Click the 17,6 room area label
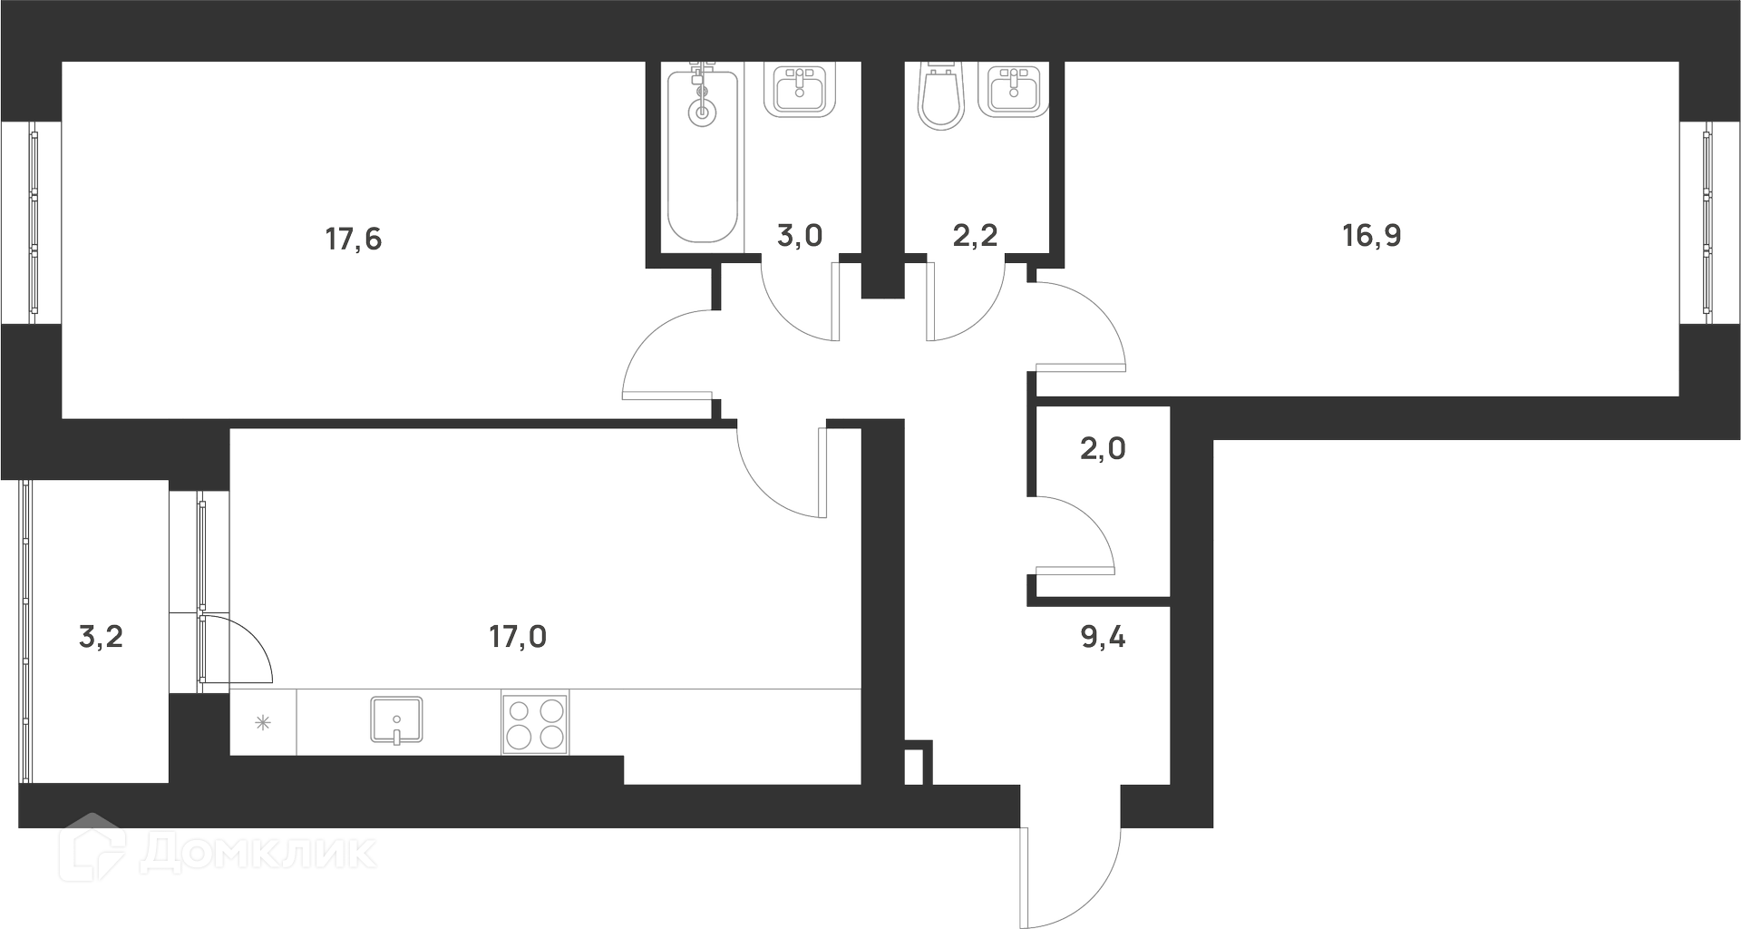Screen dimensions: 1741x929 [x=354, y=240]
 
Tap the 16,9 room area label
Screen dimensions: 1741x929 [x=1372, y=236]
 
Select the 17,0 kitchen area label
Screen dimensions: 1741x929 [x=518, y=637]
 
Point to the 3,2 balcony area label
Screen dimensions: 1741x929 [x=101, y=637]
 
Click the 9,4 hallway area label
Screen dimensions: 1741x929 [x=1103, y=637]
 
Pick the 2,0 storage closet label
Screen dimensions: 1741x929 [x=1103, y=448]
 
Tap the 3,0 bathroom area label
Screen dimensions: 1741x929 [x=800, y=236]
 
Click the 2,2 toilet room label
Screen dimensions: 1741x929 [x=976, y=236]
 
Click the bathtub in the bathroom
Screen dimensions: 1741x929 [x=703, y=154]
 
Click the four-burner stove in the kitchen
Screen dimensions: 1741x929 [x=535, y=723]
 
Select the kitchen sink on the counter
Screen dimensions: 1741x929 [x=397, y=720]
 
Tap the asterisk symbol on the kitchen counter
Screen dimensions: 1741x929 [x=262, y=723]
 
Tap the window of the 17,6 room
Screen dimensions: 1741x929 [x=33, y=222]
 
